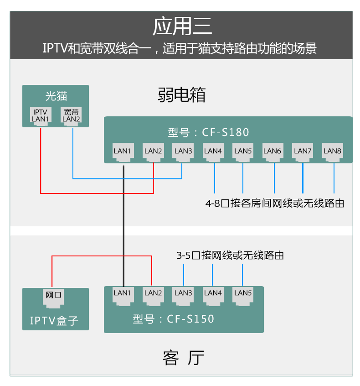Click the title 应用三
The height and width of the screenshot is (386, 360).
click(x=182, y=26)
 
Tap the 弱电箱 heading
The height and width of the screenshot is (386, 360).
click(x=181, y=95)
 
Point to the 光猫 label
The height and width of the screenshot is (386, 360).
click(x=56, y=96)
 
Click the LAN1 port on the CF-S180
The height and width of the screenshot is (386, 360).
click(x=123, y=153)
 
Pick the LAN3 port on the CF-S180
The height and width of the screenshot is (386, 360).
click(x=183, y=153)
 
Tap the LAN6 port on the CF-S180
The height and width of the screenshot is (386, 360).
click(x=273, y=153)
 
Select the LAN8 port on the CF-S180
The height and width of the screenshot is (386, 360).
click(x=332, y=153)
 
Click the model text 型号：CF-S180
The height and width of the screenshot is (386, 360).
click(x=208, y=133)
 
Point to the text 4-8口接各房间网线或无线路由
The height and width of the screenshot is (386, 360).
click(x=275, y=203)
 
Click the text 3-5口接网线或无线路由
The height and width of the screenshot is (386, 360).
click(x=230, y=256)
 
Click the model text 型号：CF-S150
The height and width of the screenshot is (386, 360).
click(x=173, y=319)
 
